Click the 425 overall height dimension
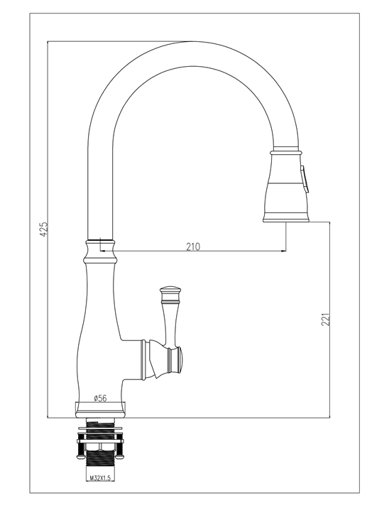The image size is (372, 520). (x=44, y=229)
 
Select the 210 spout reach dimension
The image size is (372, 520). (x=193, y=247)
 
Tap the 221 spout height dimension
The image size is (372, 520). (x=326, y=320)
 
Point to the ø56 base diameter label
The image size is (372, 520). (x=101, y=398)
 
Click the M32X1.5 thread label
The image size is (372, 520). (x=100, y=478)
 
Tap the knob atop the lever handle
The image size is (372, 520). (x=170, y=291)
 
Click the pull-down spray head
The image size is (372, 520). (x=286, y=185)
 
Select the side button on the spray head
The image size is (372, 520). (x=305, y=179)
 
